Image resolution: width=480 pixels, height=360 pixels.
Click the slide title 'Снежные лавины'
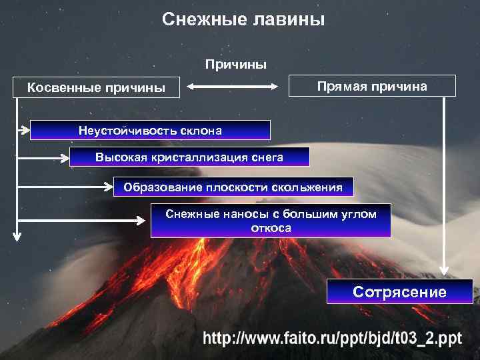(x=243, y=20)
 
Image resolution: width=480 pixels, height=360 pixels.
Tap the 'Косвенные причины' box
(x=96, y=87)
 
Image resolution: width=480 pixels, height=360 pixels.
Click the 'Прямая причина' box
(x=372, y=86)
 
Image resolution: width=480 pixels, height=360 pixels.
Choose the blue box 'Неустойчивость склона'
(x=150, y=130)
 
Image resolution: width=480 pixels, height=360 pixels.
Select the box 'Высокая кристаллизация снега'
(x=189, y=157)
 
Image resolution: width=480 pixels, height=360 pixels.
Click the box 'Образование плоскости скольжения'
(x=233, y=187)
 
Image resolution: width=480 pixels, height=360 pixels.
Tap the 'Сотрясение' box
(x=399, y=292)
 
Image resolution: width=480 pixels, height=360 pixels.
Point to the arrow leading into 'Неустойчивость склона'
(x=23, y=130)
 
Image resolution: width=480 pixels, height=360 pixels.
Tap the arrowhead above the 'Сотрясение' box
(x=443, y=270)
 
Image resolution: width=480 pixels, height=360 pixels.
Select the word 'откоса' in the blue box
(x=271, y=228)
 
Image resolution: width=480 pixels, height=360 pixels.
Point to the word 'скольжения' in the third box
(x=311, y=187)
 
